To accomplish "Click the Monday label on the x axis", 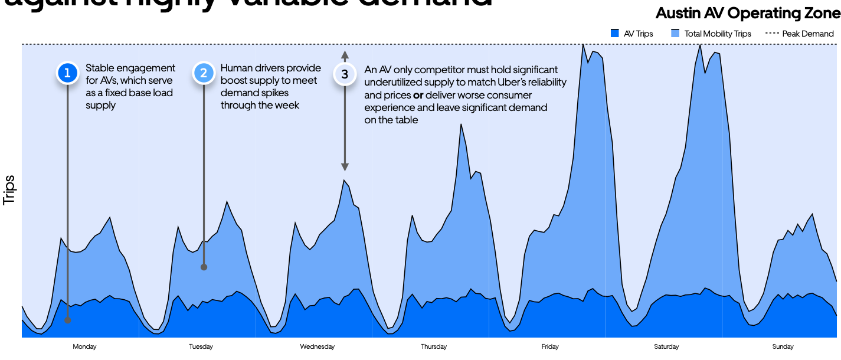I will [84, 347].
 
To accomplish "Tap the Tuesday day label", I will [201, 347].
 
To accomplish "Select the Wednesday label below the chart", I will [318, 347].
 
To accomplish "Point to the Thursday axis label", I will [434, 347].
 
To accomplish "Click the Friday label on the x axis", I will [550, 347].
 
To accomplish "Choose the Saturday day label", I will [666, 347].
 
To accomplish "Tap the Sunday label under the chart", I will [783, 347].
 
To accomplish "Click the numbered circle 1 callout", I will [67, 73].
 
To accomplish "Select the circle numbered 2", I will [204, 73].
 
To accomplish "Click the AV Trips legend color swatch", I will [614, 34].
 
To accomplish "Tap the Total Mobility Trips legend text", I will [718, 34].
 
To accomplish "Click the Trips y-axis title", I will [9, 190].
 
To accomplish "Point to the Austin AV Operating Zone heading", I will [748, 12].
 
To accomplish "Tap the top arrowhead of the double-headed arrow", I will [345, 54].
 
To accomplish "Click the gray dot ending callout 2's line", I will [204, 267].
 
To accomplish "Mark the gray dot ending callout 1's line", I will [67, 320].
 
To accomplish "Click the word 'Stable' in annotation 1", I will [99, 68].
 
